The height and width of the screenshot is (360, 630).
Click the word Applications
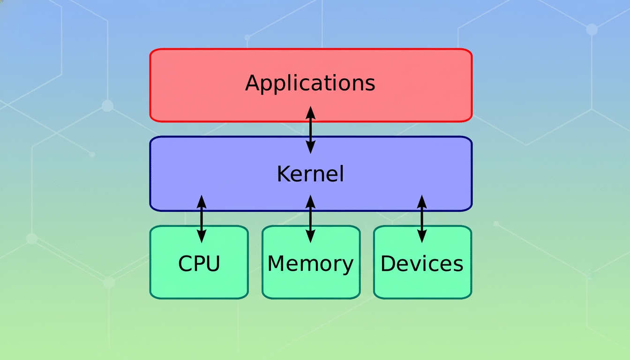[310, 83]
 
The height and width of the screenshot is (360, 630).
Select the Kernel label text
[310, 174]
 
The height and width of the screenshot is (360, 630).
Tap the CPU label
[199, 264]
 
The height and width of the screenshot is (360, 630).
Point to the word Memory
[310, 264]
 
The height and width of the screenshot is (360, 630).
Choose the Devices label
[422, 264]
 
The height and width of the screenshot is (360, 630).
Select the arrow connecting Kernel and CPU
[202, 219]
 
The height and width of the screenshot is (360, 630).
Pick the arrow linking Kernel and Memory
[310, 219]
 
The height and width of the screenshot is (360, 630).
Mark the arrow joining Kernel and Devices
[422, 219]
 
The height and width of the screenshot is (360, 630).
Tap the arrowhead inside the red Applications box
[310, 113]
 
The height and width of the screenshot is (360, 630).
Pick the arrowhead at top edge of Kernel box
[310, 147]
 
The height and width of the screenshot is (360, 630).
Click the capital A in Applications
[252, 83]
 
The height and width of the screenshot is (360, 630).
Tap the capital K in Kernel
[283, 174]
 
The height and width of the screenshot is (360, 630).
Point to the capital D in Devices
[388, 263]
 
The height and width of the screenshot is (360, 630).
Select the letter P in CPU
[199, 264]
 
